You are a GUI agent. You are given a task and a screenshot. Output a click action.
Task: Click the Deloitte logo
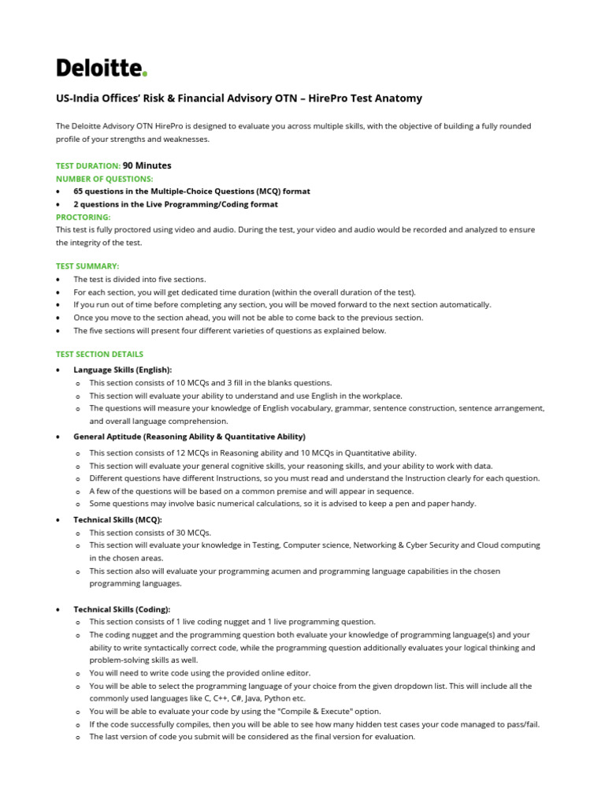point(102,69)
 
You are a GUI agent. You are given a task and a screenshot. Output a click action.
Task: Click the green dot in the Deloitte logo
point(145,75)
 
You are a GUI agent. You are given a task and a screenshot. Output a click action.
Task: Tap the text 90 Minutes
point(147,165)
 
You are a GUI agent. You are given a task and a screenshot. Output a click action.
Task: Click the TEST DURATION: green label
point(88,166)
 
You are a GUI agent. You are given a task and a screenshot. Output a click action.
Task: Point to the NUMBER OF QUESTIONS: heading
point(105,179)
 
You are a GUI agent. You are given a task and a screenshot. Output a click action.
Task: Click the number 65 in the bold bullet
point(79,192)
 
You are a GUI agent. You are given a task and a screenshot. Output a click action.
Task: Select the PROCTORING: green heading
point(84,217)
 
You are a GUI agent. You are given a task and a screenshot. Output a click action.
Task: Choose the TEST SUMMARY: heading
point(87,266)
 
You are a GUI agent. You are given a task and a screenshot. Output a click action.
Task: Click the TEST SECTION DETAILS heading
point(99,355)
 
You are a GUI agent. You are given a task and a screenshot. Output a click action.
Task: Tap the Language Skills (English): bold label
point(122,370)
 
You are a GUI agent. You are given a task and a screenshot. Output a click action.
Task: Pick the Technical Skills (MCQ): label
point(117,520)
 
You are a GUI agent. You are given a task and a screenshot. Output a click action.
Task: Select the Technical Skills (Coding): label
point(121,609)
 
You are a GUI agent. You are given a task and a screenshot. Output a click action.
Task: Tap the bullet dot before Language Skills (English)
point(58,370)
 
